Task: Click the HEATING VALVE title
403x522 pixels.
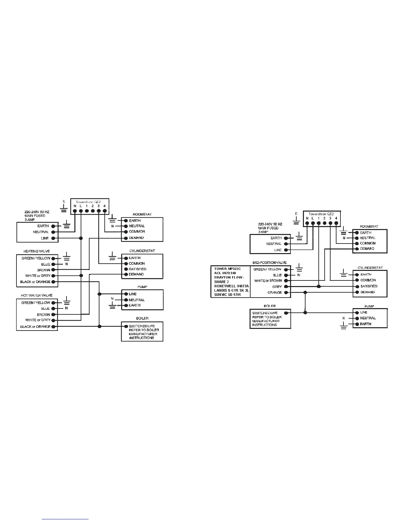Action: point(37,251)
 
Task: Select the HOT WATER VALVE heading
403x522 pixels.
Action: point(37,295)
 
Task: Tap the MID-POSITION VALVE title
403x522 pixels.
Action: point(270,263)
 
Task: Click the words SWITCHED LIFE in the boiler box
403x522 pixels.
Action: point(142,326)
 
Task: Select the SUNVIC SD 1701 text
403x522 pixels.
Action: point(228,295)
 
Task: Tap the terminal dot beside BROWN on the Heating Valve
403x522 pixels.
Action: point(53,270)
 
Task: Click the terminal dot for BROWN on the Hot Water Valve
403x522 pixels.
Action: point(53,315)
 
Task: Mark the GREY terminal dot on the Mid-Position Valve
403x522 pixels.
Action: point(286,287)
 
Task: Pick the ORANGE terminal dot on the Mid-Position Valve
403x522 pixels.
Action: point(286,293)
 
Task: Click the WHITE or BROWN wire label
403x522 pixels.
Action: point(268,281)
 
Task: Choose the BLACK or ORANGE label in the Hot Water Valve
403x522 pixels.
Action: point(35,327)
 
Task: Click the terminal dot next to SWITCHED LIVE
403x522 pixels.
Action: point(286,313)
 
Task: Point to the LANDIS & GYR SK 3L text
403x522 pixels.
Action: point(231,290)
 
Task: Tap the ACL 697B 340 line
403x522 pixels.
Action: point(225,273)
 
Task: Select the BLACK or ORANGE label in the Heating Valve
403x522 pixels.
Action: point(35,282)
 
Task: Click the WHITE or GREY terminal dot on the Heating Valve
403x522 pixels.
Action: point(53,276)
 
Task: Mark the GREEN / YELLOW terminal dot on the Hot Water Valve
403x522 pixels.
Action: point(53,303)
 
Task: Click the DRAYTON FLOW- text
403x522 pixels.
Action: point(229,277)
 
